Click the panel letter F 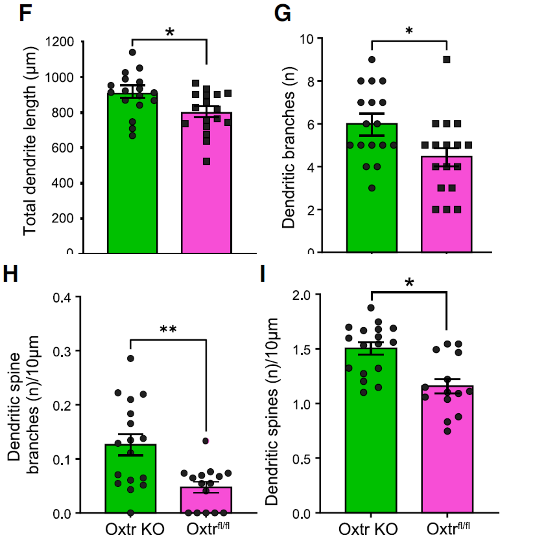[25, 14]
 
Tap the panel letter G [282, 14]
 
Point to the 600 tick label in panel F [63, 148]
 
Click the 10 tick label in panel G [307, 39]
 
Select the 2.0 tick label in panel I [301, 295]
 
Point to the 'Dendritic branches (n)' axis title [288, 148]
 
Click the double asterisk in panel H [168, 329]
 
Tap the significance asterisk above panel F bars [170, 32]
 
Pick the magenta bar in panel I [447, 451]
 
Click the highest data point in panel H [131, 359]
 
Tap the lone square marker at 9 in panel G [447, 59]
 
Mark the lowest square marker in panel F [206, 161]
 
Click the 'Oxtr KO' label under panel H [135, 529]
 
